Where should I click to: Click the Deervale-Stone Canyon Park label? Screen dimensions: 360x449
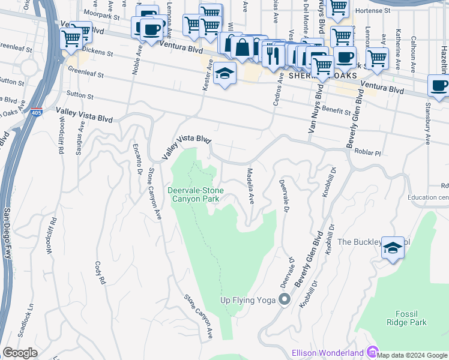pos(196,195)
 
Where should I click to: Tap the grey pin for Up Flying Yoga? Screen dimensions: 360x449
pos(285,299)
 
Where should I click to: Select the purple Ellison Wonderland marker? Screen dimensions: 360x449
pos(372,352)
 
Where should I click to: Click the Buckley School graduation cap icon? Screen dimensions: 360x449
pos(392,248)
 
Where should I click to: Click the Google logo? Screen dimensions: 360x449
pos(20,352)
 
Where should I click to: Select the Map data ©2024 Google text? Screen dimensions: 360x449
pos(411,355)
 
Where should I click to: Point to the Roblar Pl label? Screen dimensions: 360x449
pos(367,152)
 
